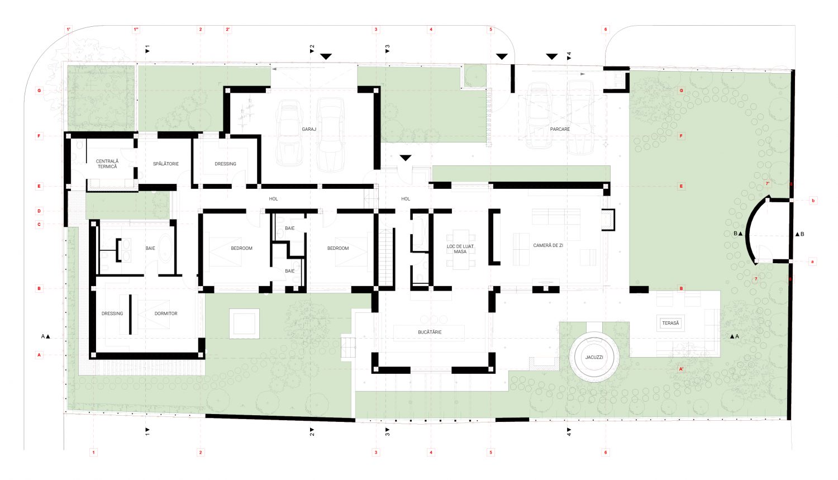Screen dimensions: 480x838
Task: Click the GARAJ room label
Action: pos(309,129)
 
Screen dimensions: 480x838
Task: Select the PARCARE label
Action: pos(560,129)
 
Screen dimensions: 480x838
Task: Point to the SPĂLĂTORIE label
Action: pos(166,164)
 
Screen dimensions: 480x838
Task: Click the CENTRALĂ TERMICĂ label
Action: pos(107,164)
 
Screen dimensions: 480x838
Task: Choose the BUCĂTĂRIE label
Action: pos(430,332)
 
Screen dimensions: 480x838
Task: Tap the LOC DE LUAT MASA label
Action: pos(460,249)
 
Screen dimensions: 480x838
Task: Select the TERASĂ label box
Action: pos(670,323)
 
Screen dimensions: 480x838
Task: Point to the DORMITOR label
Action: pos(166,313)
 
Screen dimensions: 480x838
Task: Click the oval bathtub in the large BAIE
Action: pos(166,248)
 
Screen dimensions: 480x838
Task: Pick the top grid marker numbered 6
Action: pos(606,30)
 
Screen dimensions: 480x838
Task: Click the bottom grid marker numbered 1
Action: pos(94,452)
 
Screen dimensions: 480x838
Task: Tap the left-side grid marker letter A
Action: pos(39,355)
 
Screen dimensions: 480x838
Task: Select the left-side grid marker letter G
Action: pos(39,91)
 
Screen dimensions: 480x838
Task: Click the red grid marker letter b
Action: pos(813,201)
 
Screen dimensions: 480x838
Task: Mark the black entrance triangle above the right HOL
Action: pos(406,158)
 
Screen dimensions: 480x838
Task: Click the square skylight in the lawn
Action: pos(244,324)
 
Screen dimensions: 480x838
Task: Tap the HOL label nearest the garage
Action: pos(273,199)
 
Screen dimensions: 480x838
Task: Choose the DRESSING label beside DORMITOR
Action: pos(112,313)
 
